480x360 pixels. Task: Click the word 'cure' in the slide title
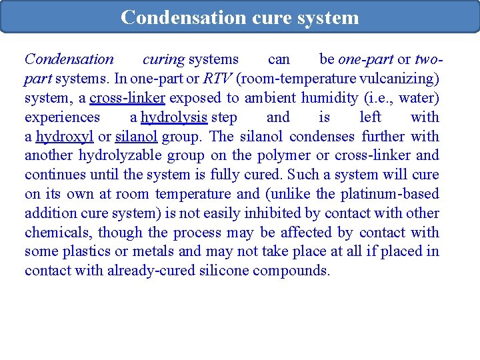tap(269, 17)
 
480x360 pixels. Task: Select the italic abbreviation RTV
tap(217, 79)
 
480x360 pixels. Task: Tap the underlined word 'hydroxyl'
tap(65, 137)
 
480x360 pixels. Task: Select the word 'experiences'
tap(62, 117)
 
